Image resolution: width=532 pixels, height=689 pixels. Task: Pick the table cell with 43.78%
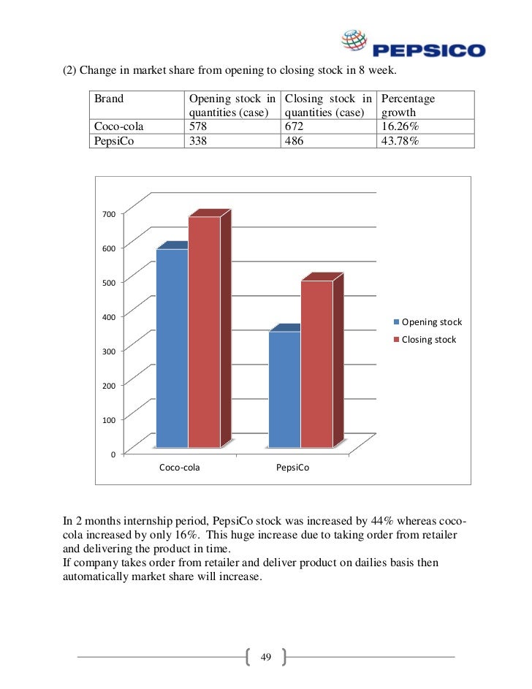pos(399,140)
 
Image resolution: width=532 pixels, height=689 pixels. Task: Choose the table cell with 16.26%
pos(399,126)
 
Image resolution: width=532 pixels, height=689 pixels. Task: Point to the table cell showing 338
pos(199,140)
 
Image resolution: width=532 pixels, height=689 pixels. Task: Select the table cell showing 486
pos(295,140)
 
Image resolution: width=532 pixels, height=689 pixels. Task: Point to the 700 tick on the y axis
pos(109,215)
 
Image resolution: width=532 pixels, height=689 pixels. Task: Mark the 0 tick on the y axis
pos(113,454)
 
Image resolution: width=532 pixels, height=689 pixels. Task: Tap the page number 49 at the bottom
pos(265,658)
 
